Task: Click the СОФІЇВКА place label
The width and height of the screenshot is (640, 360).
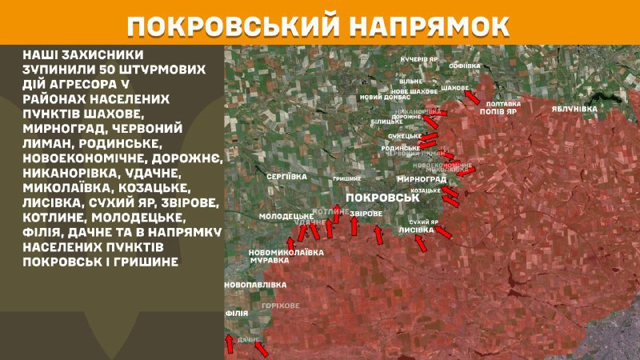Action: tap(465, 65)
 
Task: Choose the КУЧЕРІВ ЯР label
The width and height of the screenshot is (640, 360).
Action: tap(419, 59)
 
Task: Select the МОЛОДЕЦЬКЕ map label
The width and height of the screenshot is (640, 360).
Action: tap(286, 217)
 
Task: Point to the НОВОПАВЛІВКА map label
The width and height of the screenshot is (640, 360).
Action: tap(255, 285)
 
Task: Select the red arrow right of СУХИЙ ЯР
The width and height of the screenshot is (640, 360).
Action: tap(442, 232)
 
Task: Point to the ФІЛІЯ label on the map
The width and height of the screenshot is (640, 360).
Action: tap(236, 314)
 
